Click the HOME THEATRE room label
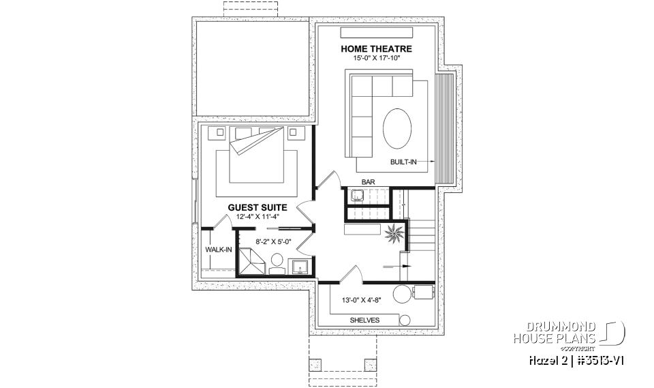click(x=376, y=48)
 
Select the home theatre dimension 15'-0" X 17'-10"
click(x=376, y=59)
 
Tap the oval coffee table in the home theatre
click(x=396, y=128)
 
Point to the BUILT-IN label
click(x=403, y=162)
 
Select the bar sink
click(x=357, y=196)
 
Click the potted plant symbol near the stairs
click(x=394, y=235)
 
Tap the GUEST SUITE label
click(x=257, y=207)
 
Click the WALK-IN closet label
click(x=218, y=250)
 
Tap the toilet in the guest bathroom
click(x=277, y=261)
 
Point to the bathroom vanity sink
click(x=300, y=265)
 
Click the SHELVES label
click(x=364, y=320)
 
